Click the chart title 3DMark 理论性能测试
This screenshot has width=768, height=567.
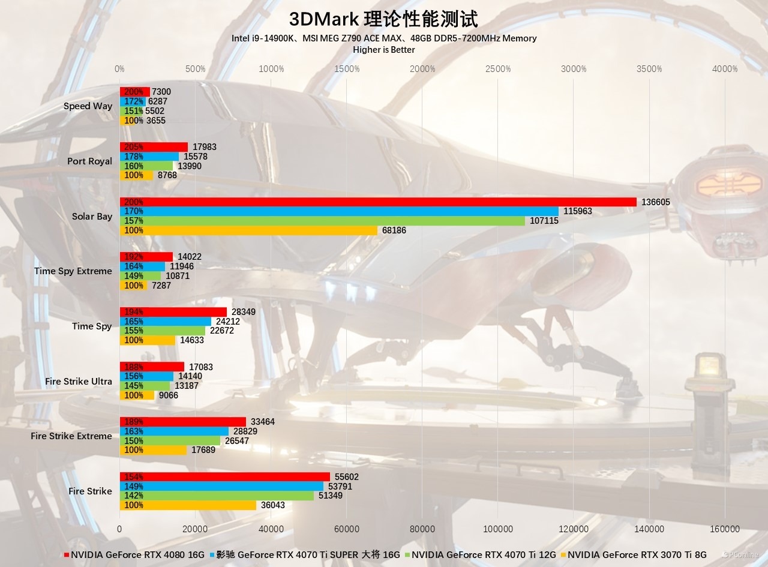[383, 19]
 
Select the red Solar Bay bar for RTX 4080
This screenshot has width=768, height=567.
[378, 202]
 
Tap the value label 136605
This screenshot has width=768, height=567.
[656, 202]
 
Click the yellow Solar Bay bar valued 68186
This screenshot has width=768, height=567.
[248, 230]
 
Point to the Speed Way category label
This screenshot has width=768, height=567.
[88, 106]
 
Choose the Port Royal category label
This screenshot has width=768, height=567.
[89, 161]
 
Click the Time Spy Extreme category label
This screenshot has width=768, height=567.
[73, 271]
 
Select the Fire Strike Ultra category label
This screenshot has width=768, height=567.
[78, 382]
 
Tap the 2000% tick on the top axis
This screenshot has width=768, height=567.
[422, 69]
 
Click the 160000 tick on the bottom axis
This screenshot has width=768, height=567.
[725, 529]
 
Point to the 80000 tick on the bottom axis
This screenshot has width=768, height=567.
[422, 529]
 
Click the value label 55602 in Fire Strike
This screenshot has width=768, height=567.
[347, 477]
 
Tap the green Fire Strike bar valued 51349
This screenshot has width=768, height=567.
[217, 496]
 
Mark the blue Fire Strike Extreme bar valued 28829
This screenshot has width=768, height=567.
[174, 431]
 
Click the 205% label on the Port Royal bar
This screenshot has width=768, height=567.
[133, 147]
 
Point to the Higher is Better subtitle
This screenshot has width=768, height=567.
[383, 50]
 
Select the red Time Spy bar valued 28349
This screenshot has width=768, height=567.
[173, 312]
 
